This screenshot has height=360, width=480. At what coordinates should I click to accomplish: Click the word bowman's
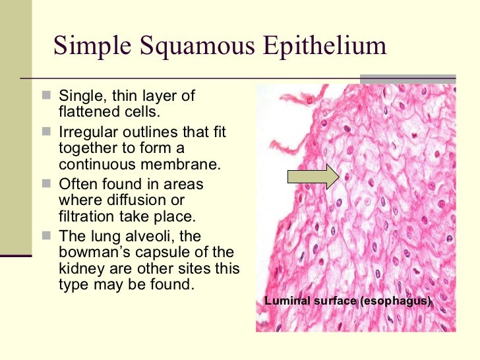[93, 252]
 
